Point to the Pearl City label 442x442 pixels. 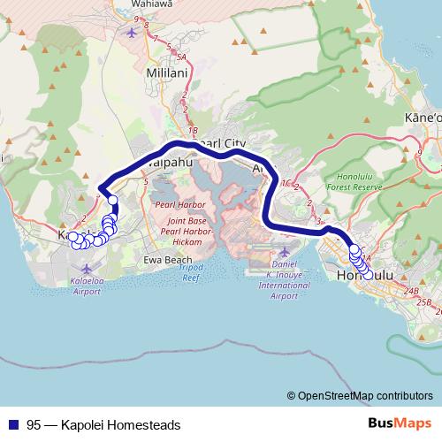point(221,143)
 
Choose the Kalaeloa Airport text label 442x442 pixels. point(87,286)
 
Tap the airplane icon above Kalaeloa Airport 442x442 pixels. point(85,267)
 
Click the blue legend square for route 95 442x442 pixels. point(13,425)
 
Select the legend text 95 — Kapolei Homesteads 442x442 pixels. point(103,425)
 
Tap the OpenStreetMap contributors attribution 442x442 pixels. point(363,395)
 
